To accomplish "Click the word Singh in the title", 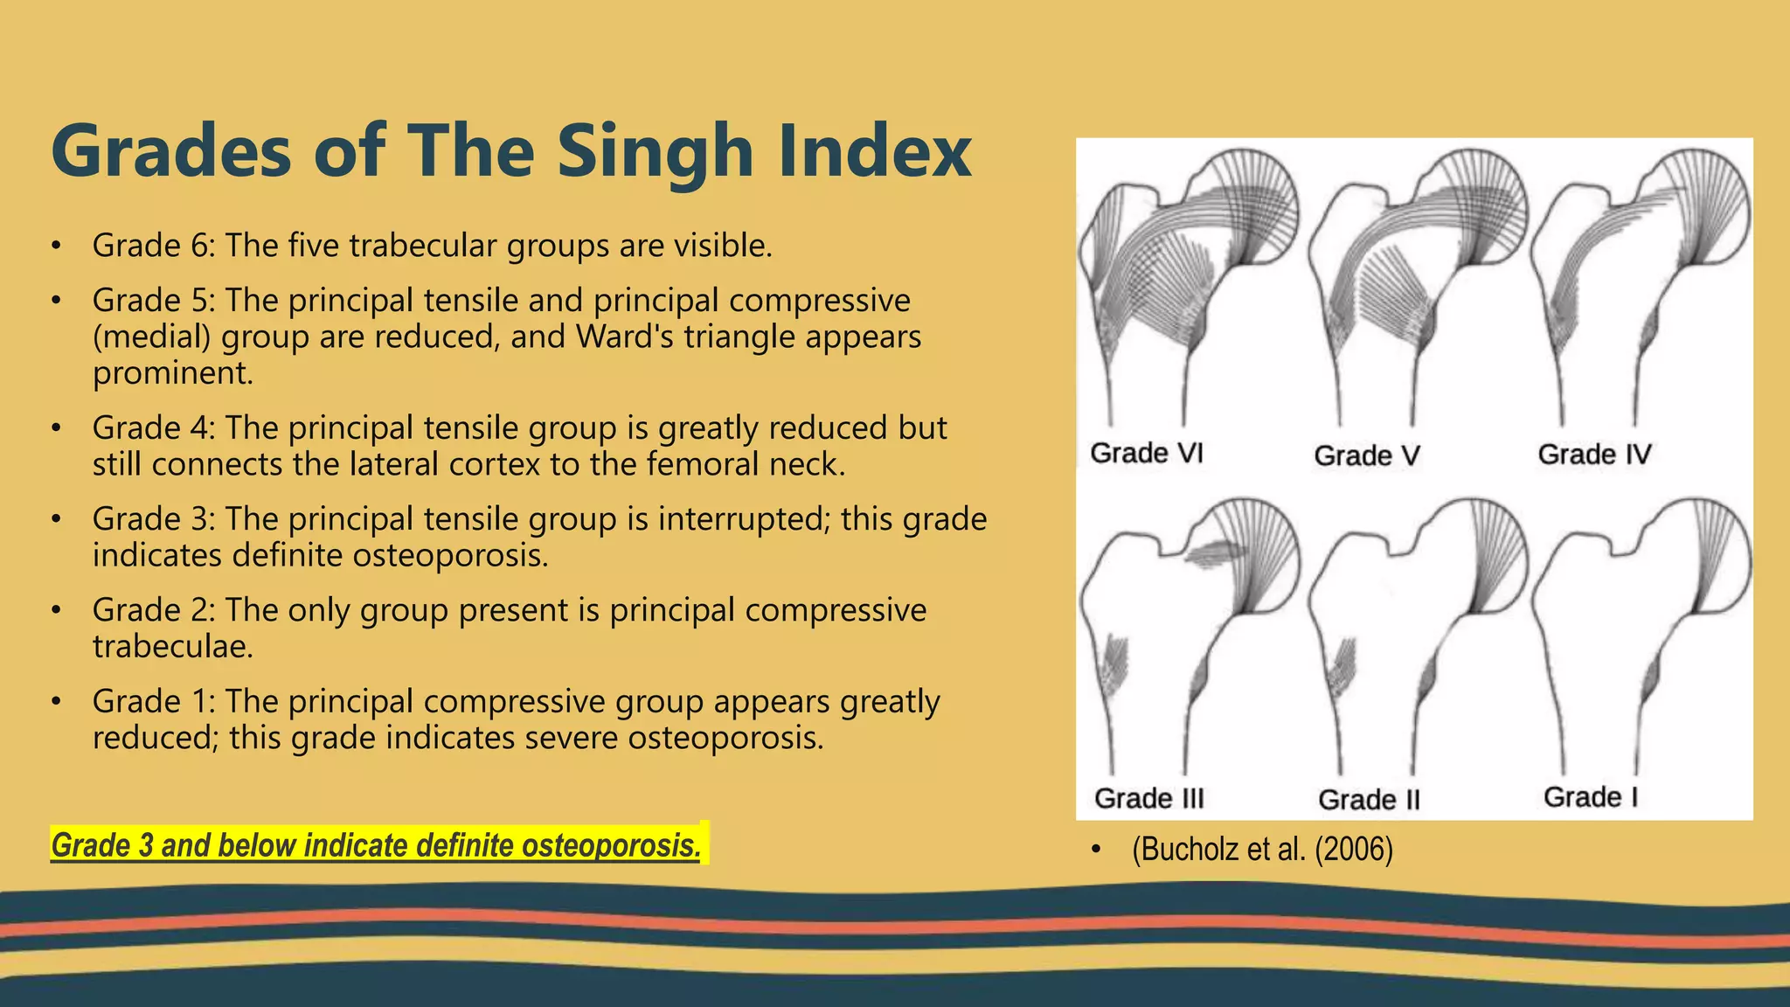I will pos(654,152).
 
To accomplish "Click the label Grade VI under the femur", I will pos(1147,453).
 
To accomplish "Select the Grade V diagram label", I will pos(1366,455).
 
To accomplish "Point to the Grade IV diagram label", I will pos(1594,455).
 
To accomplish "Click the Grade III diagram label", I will pos(1148,798).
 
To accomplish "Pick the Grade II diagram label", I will pos(1369,800).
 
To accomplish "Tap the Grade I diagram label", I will pos(1590,797).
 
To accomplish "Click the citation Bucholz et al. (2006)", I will pos(1262,849).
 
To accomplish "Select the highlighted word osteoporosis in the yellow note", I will pos(611,845).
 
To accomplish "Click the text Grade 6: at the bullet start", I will pos(154,246).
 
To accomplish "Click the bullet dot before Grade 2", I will pos(56,611).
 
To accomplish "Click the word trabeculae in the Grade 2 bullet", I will pos(173,647).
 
